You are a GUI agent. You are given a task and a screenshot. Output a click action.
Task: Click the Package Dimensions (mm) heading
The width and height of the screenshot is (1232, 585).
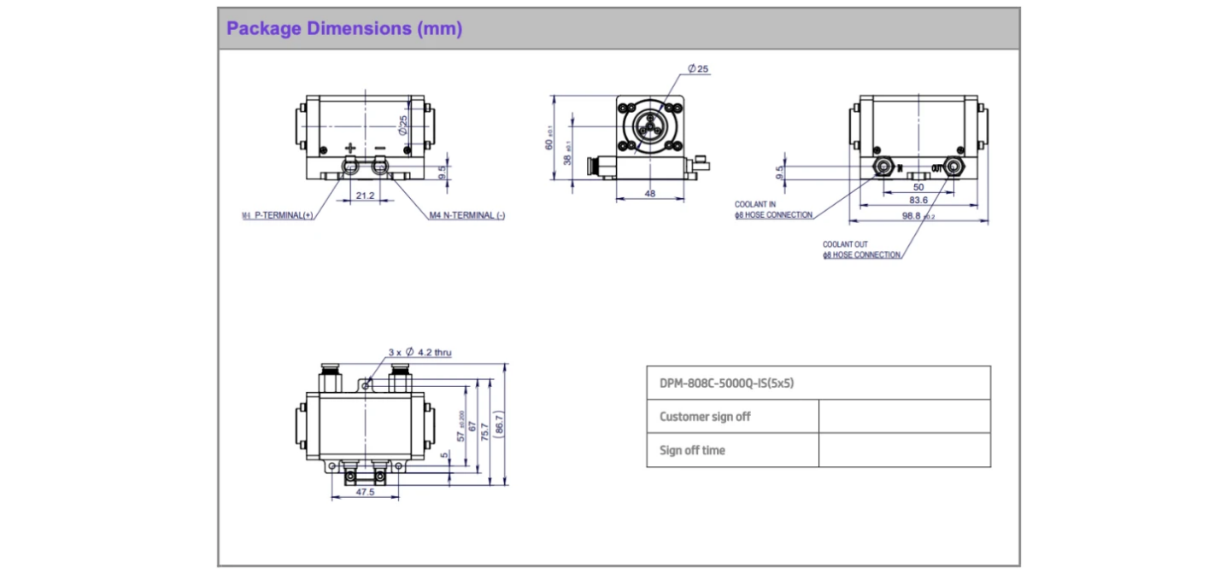point(343,29)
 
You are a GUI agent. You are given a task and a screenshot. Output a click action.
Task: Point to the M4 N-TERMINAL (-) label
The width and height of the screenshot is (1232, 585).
point(466,216)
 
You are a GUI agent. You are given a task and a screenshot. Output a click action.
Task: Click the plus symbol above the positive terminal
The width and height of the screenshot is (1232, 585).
point(349,149)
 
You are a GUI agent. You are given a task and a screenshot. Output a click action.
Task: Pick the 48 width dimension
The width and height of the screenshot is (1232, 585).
point(649,195)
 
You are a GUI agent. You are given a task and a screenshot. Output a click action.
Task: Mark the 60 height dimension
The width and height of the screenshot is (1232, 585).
point(549,138)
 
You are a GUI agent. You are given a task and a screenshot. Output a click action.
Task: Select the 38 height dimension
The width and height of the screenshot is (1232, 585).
point(569,154)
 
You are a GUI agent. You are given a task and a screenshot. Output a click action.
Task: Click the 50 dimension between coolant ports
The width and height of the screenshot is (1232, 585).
point(918,186)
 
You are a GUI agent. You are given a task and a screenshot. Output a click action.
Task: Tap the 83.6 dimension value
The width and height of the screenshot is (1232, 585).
point(918,200)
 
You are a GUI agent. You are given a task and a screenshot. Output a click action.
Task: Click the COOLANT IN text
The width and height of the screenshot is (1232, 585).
point(755,205)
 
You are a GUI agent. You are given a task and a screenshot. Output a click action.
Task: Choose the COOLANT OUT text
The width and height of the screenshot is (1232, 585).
point(845,244)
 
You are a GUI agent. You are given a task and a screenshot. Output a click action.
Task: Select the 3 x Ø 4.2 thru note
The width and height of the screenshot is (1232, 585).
point(419,352)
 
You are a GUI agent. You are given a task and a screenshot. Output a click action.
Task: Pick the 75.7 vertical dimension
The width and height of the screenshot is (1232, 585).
point(485,430)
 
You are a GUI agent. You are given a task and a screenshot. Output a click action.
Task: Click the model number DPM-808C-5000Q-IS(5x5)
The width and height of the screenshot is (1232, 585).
point(727,383)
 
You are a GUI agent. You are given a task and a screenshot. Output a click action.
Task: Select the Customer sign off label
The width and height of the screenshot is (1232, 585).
point(705,417)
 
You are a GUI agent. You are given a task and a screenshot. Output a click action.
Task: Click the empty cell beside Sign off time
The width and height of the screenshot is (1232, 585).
point(904,450)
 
